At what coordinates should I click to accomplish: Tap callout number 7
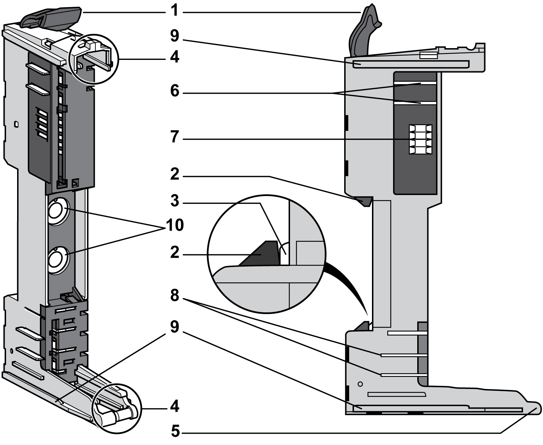(174, 137)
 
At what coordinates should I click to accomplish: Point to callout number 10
(174, 225)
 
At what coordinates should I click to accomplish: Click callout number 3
(174, 201)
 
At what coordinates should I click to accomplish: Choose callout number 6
(174, 91)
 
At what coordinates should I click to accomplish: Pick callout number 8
(174, 295)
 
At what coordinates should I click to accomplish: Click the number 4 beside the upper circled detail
(174, 57)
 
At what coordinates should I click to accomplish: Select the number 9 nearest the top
(174, 36)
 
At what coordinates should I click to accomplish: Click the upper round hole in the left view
(56, 212)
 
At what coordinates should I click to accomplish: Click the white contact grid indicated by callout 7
(420, 139)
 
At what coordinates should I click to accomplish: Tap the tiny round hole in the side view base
(360, 384)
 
